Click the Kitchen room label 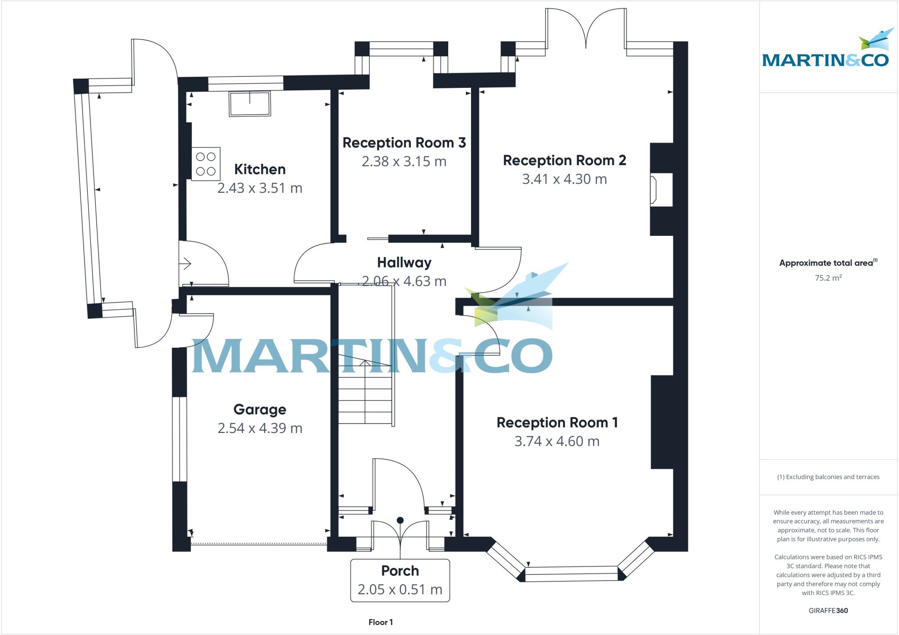(260, 169)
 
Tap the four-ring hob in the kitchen (205, 164)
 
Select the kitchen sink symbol (249, 104)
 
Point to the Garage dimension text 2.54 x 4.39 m (260, 428)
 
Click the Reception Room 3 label (404, 143)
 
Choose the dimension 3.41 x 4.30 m (564, 179)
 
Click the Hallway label (404, 263)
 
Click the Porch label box (400, 580)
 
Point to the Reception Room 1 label (557, 422)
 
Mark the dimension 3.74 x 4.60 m (557, 441)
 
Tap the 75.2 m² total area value (828, 278)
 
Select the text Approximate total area (826, 263)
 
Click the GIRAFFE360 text (828, 610)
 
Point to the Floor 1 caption (381, 622)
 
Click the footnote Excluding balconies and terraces (828, 477)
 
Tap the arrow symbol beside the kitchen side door (185, 264)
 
